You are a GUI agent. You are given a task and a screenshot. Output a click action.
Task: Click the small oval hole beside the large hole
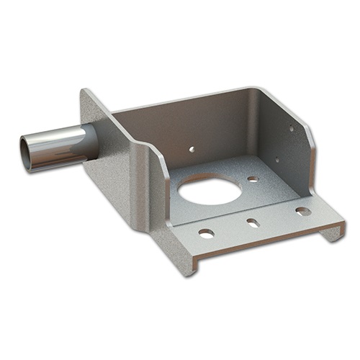(x=253, y=179)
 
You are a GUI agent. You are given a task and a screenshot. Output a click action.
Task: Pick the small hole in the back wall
(x=192, y=150)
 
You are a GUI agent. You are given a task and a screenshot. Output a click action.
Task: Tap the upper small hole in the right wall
(x=292, y=129)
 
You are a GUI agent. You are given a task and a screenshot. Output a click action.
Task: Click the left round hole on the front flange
(x=206, y=233)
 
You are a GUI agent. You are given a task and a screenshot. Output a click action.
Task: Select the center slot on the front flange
(x=253, y=223)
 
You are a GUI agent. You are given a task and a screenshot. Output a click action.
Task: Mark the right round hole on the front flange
(x=303, y=211)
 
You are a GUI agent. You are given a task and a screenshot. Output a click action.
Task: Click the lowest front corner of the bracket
(x=192, y=273)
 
